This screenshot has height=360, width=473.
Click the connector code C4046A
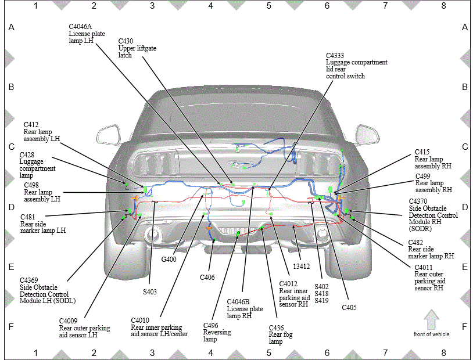pos(80,27)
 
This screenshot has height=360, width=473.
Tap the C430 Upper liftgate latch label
pos(137,48)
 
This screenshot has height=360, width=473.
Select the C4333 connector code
pos(335,56)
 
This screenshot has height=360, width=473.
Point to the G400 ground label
pos(169,260)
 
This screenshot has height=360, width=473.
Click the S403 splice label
pos(150,292)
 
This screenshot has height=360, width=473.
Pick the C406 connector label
pos(207,278)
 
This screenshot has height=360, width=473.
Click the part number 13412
pos(302,267)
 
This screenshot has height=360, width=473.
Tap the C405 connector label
pos(349,308)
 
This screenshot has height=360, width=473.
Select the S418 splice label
pos(321,293)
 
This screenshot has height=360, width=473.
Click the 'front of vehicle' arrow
pos(431,319)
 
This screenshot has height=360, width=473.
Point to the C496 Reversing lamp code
pos(210,325)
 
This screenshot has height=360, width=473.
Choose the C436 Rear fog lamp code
pos(276,327)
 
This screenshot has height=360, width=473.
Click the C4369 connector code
pos(29,280)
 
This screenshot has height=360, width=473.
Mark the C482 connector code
pos(415,242)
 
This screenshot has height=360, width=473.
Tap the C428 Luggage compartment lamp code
pos(27,155)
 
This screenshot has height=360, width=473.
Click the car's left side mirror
pos(107,135)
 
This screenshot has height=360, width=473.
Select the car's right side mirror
pos(367,135)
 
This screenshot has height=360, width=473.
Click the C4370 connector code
pos(418,201)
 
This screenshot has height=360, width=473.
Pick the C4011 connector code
pos(424,268)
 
